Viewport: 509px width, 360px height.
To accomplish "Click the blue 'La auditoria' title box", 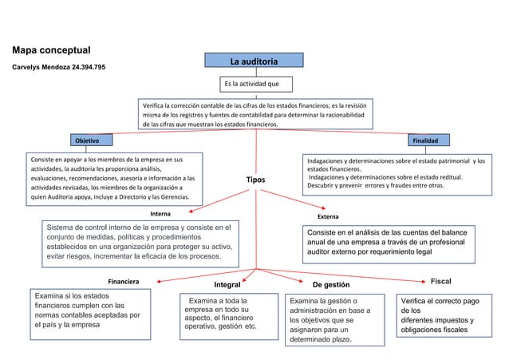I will pos(254,61).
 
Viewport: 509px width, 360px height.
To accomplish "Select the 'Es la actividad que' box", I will pos(251,84).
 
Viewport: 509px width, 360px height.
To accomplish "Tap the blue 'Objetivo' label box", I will pos(87,140).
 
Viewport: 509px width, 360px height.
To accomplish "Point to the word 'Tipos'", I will pos(255,180).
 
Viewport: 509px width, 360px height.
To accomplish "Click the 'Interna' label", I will pos(160,214).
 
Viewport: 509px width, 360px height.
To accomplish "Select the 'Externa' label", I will pos(328,216).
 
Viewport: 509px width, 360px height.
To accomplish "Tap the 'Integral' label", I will pos(228,284).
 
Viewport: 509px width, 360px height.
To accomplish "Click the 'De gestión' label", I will pos(329,284).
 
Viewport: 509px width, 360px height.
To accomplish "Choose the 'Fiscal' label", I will pos(441,282).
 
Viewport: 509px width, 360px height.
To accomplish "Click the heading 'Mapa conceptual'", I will pos(51,50).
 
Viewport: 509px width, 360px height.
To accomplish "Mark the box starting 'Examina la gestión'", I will pos(331,319).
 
